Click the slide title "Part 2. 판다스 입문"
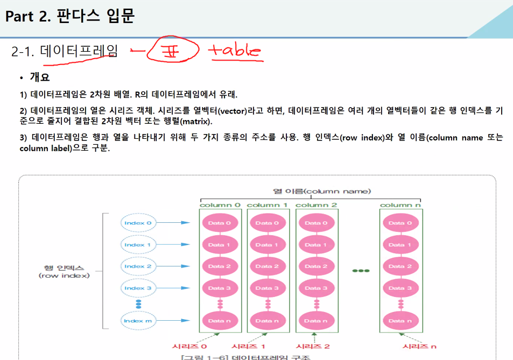[69, 16]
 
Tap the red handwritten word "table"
[235, 51]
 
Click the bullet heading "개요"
[39, 77]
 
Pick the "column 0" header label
[220, 205]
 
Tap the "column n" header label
[400, 205]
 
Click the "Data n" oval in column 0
[220, 321]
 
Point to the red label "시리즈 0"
[189, 346]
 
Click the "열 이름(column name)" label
[322, 191]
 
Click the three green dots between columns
[361, 270]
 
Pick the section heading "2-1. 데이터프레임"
[64, 52]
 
